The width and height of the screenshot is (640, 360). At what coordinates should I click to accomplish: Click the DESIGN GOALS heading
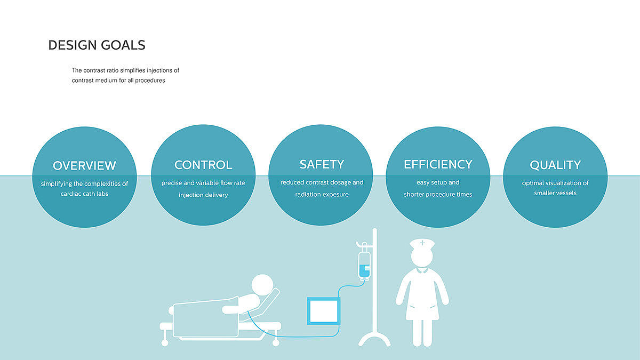(97, 45)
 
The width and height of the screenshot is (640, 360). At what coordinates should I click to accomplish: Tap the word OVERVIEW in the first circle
(84, 166)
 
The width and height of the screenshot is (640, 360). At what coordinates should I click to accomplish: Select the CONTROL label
(203, 165)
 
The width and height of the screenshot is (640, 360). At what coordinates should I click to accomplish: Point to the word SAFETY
(322, 164)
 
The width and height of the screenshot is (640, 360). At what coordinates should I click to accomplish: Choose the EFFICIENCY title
(438, 164)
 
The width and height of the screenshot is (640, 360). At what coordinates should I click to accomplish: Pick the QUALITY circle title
(555, 165)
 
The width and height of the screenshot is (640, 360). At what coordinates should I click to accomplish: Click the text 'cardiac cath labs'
(84, 194)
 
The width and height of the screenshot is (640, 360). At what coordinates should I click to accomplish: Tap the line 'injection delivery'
(203, 195)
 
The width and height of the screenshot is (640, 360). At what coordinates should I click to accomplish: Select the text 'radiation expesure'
(322, 194)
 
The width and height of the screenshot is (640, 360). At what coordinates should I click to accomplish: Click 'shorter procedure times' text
(438, 194)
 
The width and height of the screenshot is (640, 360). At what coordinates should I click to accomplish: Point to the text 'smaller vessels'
(555, 193)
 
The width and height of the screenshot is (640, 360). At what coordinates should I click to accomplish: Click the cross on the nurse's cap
(422, 243)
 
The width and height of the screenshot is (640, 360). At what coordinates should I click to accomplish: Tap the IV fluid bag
(364, 265)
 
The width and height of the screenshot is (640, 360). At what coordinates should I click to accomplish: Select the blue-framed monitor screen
(323, 311)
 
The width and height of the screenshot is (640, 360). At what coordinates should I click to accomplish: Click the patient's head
(262, 285)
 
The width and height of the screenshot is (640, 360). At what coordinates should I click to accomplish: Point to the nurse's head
(422, 257)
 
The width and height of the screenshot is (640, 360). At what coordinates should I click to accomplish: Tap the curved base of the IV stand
(374, 337)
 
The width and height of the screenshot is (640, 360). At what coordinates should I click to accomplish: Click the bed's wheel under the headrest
(276, 342)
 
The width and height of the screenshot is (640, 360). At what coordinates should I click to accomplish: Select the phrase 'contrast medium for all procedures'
(118, 81)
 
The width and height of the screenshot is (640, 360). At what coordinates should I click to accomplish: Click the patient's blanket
(206, 317)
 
